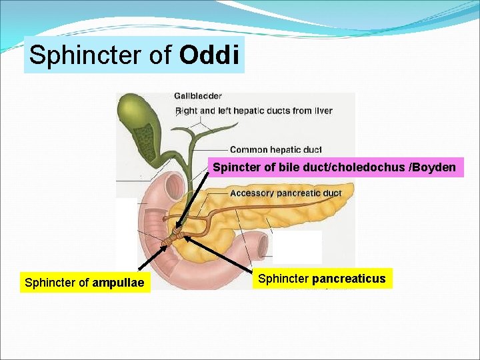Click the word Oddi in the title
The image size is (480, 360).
tap(209, 55)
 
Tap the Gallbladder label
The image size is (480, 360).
tap(198, 96)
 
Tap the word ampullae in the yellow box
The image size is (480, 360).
tap(118, 283)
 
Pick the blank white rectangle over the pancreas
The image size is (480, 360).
tap(297, 247)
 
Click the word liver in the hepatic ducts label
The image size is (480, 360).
tap(323, 111)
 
